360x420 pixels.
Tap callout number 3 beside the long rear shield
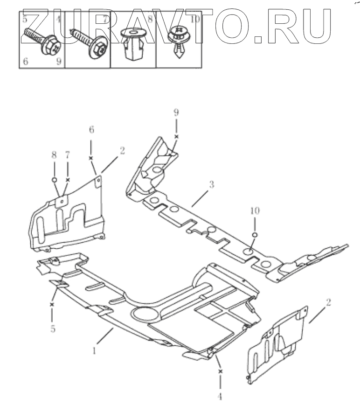pos(211,185)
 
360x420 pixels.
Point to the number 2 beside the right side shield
pos(328,302)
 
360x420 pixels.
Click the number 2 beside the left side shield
pos(122,150)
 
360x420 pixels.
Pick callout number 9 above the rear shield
pos(176,112)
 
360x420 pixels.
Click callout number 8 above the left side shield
pos(54,154)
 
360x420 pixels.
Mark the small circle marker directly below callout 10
pos(255,234)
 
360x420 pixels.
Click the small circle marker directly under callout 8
pos(54,179)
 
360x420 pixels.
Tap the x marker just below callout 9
pos(176,136)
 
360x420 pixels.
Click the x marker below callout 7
pos(68,180)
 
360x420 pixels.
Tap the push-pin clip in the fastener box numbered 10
pos(179,42)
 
